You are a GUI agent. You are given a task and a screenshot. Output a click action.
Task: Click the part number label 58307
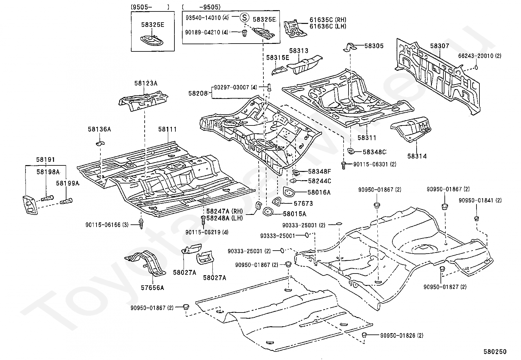coord(440,46)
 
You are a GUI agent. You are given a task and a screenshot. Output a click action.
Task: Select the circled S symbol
coord(244,17)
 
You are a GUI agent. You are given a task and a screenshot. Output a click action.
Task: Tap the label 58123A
coord(146,83)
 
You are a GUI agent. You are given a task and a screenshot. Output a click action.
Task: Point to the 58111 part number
coord(168,129)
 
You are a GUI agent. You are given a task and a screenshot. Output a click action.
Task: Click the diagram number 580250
coord(495,351)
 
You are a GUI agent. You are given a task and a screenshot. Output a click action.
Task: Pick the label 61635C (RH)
coord(328,20)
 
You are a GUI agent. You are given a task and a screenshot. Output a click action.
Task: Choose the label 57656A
coord(153,288)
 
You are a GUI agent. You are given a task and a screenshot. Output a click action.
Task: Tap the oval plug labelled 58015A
coord(267,212)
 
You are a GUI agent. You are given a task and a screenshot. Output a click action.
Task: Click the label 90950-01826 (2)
coord(402,335)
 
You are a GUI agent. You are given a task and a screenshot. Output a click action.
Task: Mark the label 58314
coord(417,156)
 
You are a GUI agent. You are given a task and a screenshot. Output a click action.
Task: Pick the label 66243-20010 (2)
coord(479,56)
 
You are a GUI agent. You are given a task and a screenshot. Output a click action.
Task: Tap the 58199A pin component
coord(66,201)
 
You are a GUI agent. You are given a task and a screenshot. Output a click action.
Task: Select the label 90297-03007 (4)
coord(235,87)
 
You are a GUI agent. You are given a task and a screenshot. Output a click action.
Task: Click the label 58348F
coord(319,172)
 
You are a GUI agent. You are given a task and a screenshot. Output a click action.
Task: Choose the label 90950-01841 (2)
coord(480,200)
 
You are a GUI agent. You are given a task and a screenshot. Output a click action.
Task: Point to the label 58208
coord(198,93)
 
